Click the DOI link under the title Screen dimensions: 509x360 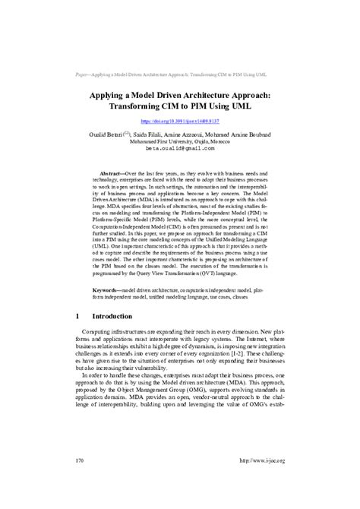[x=179, y=121]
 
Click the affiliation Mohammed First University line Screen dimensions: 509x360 [x=179, y=141]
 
